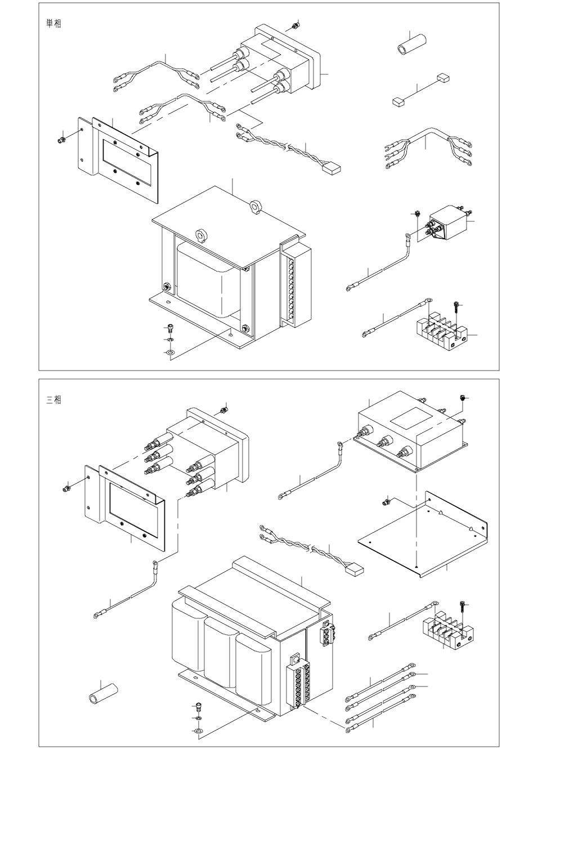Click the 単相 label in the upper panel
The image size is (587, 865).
coord(53,24)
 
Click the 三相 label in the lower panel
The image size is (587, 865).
coord(53,400)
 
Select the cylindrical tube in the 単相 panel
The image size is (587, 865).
coord(411,45)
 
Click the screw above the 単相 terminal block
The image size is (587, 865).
coord(458,308)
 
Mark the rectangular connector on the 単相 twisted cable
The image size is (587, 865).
coord(332,168)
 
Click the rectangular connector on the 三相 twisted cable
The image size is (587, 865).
coord(355,568)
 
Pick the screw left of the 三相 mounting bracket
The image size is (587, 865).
coord(66,489)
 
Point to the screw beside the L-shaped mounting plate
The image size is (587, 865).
coord(386,502)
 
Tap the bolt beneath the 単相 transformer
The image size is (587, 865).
coord(170,328)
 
